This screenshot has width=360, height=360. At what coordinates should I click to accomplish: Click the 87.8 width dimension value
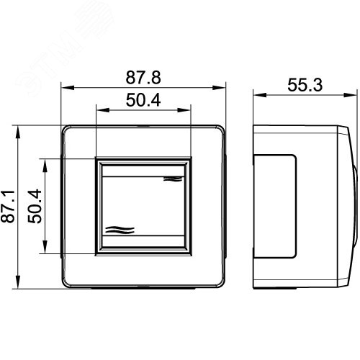click(x=143, y=78)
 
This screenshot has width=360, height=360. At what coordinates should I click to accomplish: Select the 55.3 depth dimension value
click(x=305, y=85)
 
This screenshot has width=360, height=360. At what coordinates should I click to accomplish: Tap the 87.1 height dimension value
click(x=8, y=207)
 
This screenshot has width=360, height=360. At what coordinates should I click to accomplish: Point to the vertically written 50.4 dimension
click(x=35, y=207)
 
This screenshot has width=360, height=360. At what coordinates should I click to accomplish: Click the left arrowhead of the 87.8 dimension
click(x=68, y=88)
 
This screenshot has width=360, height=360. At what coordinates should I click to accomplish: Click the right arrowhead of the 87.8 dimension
click(x=219, y=88)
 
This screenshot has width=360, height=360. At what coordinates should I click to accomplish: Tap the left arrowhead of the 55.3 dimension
click(x=260, y=95)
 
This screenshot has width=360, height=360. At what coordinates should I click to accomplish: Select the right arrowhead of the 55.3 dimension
click(x=351, y=95)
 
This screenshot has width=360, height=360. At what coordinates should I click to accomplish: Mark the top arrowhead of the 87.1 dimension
click(x=18, y=132)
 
